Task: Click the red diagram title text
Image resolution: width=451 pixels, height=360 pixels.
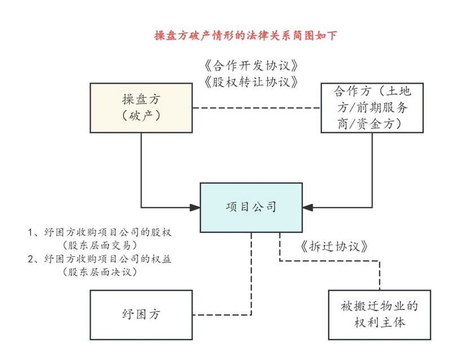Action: click(246, 35)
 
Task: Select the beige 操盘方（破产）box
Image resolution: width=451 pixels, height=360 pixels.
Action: click(142, 108)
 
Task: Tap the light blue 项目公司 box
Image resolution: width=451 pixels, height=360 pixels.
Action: click(251, 207)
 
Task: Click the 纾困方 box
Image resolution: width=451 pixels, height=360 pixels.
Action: click(142, 315)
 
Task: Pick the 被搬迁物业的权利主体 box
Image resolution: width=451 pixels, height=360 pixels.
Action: click(379, 315)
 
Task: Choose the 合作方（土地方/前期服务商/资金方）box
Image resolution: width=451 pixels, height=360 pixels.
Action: click(372, 108)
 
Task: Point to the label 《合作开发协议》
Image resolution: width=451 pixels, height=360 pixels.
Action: click(251, 66)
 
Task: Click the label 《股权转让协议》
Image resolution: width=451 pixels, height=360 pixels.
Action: click(251, 82)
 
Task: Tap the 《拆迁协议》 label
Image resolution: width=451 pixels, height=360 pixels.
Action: click(334, 247)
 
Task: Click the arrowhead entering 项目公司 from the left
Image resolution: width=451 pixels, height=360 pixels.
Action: click(195, 207)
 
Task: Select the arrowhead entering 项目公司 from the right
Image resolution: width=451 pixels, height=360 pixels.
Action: click(308, 207)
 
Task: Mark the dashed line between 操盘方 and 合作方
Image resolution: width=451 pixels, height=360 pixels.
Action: click(257, 108)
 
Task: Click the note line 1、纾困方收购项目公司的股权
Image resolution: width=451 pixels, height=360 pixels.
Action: click(100, 232)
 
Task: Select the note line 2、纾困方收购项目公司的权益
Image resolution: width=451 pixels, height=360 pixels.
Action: click(100, 259)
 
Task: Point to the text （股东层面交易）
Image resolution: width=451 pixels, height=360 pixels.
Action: click(100, 245)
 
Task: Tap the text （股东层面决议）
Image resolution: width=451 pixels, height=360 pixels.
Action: click(100, 272)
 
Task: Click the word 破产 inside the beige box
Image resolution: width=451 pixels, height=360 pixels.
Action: click(142, 115)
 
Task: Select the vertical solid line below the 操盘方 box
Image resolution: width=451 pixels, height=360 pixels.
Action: click(142, 170)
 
